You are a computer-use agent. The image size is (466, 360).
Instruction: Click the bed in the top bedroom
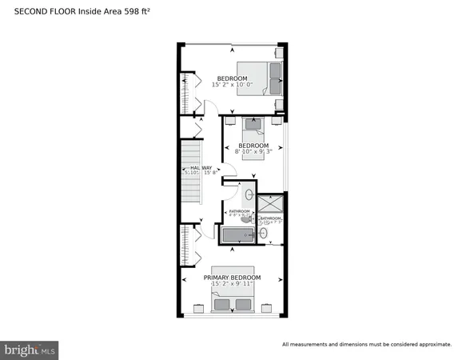tap(261, 78)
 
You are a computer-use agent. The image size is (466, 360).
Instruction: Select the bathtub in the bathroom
tap(236, 234)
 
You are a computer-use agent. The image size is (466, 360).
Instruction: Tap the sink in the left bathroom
tap(249, 194)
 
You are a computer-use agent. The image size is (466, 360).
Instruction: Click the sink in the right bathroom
tap(264, 234)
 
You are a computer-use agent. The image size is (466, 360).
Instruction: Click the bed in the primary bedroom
tap(233, 301)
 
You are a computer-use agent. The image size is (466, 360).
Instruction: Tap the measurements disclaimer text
tap(366, 345)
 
